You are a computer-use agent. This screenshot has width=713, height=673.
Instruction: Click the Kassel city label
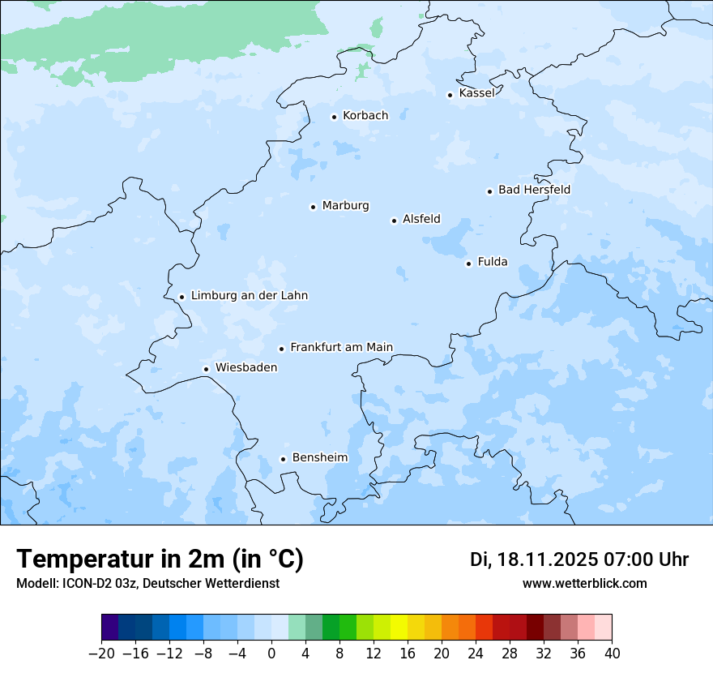(476, 93)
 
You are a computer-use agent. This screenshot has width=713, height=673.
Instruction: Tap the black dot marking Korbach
(334, 117)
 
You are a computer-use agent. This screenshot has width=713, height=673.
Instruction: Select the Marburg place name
(345, 206)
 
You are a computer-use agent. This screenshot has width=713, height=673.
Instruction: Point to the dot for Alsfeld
(394, 221)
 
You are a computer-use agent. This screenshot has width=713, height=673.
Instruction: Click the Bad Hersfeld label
(534, 190)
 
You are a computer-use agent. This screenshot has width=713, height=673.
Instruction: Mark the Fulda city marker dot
(468, 264)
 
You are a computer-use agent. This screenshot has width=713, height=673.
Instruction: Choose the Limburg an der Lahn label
(249, 296)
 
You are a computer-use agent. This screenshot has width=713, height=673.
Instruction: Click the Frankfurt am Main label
(341, 347)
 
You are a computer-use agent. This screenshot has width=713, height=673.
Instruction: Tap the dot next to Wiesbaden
(207, 370)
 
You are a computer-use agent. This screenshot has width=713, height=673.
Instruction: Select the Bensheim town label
(319, 457)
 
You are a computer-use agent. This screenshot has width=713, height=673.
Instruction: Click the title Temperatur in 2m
(160, 559)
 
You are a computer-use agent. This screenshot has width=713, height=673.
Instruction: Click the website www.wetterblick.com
(584, 583)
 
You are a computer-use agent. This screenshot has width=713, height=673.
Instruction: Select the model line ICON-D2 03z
(147, 583)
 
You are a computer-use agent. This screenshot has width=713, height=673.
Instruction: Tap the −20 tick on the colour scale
(101, 654)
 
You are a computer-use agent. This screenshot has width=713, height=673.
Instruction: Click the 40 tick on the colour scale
(612, 654)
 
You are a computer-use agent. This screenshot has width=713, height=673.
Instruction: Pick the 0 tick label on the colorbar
(271, 654)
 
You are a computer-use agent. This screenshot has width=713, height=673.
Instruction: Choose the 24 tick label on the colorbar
(476, 654)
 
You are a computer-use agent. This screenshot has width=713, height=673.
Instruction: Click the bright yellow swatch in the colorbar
(399, 628)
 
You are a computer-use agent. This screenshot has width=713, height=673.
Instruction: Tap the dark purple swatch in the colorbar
(110, 628)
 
